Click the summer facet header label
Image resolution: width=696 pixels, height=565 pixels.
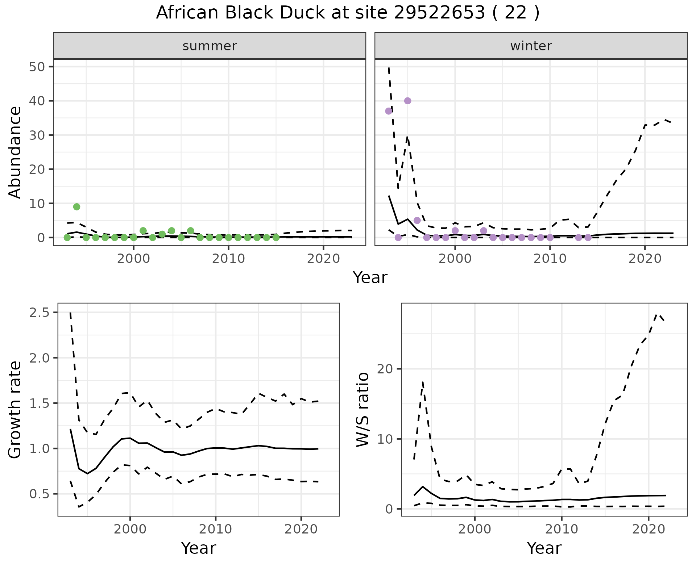(x=210, y=46)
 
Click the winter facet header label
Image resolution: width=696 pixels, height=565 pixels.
(x=531, y=46)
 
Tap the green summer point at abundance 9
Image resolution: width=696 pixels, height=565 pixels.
(x=76, y=207)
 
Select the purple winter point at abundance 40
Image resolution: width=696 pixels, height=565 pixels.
(x=407, y=101)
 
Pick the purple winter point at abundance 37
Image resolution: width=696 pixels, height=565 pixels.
(x=389, y=111)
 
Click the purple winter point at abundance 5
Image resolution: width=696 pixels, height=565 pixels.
(x=417, y=220)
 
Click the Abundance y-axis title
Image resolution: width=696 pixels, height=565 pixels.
(x=15, y=152)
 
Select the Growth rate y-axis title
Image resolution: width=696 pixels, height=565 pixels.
(x=15, y=409)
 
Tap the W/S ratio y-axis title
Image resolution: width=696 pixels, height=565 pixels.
(x=362, y=409)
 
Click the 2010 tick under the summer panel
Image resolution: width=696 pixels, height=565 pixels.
(x=228, y=259)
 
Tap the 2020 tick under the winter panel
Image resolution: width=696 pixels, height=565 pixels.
(x=645, y=259)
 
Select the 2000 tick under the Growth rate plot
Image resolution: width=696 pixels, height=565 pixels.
(x=130, y=529)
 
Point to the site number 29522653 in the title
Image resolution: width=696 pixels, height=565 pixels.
(x=439, y=13)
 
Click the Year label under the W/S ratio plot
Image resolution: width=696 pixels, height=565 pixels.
(x=544, y=548)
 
